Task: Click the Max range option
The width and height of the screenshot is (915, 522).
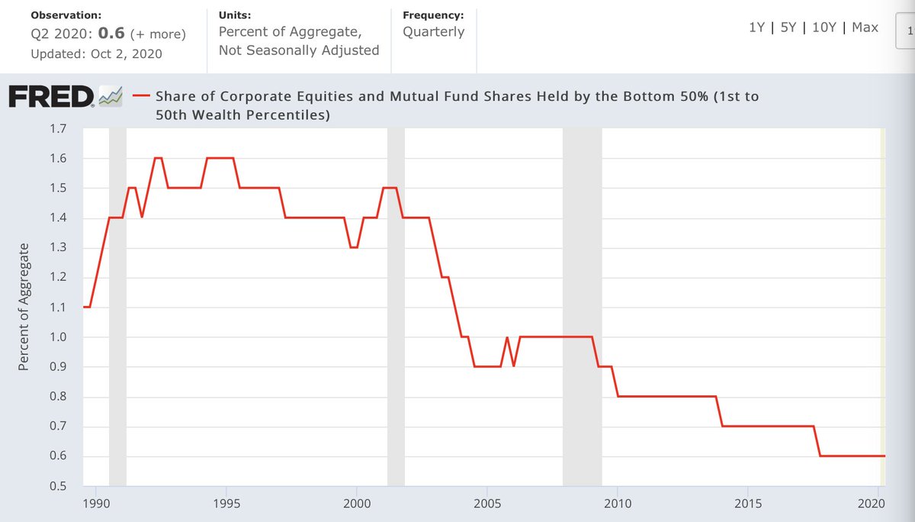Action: (865, 27)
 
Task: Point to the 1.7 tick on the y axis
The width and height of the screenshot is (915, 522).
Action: (59, 129)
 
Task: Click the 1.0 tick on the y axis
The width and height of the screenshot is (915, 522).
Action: (59, 337)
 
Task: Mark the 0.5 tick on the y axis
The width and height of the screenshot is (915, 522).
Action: (59, 486)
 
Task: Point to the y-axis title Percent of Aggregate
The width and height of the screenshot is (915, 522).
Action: (24, 307)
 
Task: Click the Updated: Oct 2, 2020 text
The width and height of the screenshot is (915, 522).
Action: (96, 54)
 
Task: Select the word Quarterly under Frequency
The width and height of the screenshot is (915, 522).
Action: (433, 33)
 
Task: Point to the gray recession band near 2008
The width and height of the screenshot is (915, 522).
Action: (582, 305)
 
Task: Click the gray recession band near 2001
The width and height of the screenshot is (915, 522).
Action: (396, 305)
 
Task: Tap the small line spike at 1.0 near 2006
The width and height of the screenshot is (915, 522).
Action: (506, 339)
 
